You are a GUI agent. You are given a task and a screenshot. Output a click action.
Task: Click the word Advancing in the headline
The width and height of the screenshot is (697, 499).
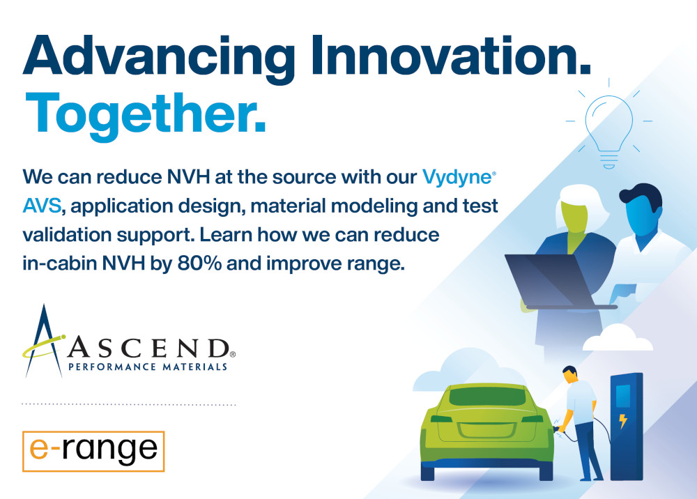pos(159,59)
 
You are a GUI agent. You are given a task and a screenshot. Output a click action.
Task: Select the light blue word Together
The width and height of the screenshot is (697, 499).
pos(146,115)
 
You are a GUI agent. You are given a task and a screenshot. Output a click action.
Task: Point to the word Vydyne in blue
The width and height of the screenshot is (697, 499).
pos(458,178)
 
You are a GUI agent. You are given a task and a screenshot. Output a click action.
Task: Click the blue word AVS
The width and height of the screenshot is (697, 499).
pos(42,206)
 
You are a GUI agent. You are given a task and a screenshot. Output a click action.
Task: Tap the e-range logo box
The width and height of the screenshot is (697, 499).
pos(93,451)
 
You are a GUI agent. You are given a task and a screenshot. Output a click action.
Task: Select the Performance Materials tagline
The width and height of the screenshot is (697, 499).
pos(148,367)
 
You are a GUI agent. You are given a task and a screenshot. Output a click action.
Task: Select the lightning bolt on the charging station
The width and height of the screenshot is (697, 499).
pos(622,420)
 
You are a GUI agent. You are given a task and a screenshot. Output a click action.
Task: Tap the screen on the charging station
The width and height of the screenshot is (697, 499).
pos(622,396)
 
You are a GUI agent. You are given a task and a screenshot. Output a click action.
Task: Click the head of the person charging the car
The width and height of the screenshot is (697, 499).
pos(570,374)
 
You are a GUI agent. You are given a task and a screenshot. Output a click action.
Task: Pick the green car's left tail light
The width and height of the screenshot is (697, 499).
pos(441,419)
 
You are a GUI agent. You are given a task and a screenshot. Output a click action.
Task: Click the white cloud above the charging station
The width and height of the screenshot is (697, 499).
pos(618,338)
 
